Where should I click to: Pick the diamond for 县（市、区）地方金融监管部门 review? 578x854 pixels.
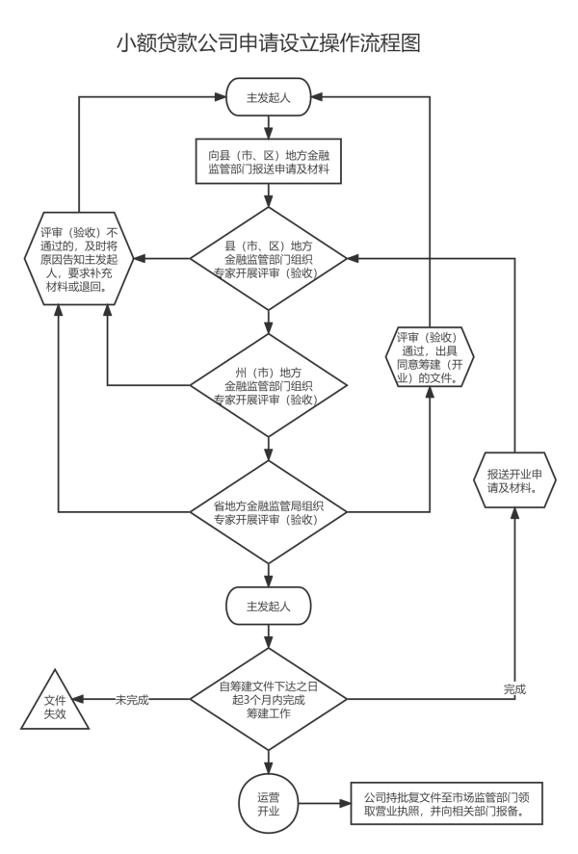click(x=267, y=259)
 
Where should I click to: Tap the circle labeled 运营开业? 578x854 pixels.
click(x=267, y=801)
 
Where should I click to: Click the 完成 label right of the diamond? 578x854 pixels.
click(x=515, y=689)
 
